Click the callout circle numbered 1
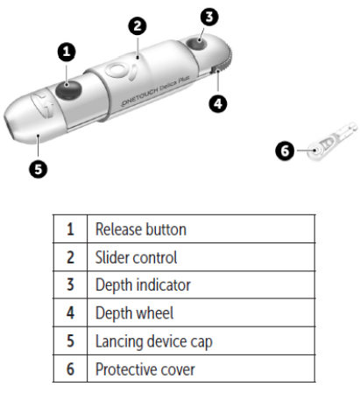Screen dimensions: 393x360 coord(66,53)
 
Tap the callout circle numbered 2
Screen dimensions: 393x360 coord(136,26)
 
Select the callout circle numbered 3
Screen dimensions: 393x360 coord(208,17)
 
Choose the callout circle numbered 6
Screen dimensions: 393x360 coord(285,151)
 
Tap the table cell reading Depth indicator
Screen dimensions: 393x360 coord(143,285)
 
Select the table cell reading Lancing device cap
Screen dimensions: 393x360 coord(153,341)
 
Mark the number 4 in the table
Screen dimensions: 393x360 coord(69,313)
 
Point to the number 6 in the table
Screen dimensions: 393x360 coord(69,369)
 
